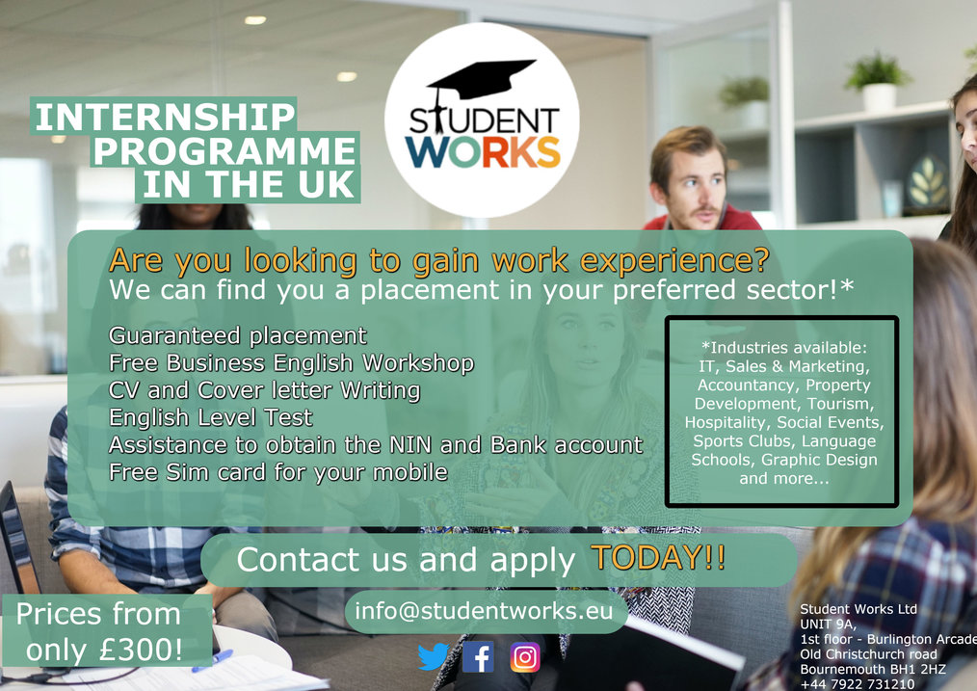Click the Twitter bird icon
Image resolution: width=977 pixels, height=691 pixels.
[x=433, y=656]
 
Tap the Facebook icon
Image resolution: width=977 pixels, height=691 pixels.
[x=478, y=656]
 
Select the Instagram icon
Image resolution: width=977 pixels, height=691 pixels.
[x=525, y=657]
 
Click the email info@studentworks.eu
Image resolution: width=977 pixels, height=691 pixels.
[x=484, y=611]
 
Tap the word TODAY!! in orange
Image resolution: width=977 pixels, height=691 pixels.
[x=658, y=556]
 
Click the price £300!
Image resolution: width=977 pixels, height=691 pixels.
[x=141, y=650]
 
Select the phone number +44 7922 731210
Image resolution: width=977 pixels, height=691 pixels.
[x=858, y=683]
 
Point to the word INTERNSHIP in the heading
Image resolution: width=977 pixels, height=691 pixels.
[x=165, y=117]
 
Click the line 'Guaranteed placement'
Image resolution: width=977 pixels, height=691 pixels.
[x=238, y=335]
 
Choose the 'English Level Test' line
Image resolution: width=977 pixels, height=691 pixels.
[x=211, y=417]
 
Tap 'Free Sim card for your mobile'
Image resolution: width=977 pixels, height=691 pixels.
[x=278, y=471]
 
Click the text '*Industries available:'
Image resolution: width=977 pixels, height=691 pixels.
[x=784, y=348]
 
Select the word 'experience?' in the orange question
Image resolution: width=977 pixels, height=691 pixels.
[x=674, y=260]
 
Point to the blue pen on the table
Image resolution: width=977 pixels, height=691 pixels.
[x=213, y=660]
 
